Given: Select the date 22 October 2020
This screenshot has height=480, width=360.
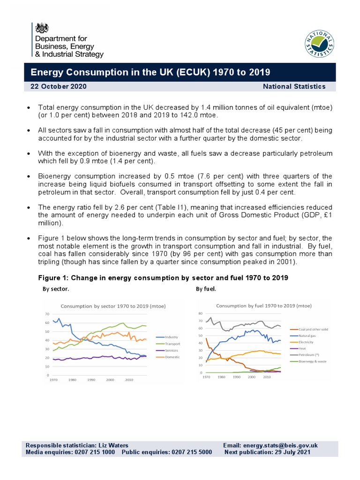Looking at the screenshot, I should pos(58,86).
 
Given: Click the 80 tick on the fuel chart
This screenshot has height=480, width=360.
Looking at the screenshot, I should pos(200,313).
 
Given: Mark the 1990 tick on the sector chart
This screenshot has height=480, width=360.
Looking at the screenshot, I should pos(91,380).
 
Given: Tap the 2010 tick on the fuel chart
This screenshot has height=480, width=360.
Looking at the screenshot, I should pos(267,377).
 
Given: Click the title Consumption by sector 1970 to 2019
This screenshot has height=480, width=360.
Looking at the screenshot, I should pos(112,306).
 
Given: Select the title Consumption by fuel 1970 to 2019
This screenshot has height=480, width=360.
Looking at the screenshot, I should pos(264,306).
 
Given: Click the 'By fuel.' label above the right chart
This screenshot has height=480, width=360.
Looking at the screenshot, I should pos(206,289).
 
